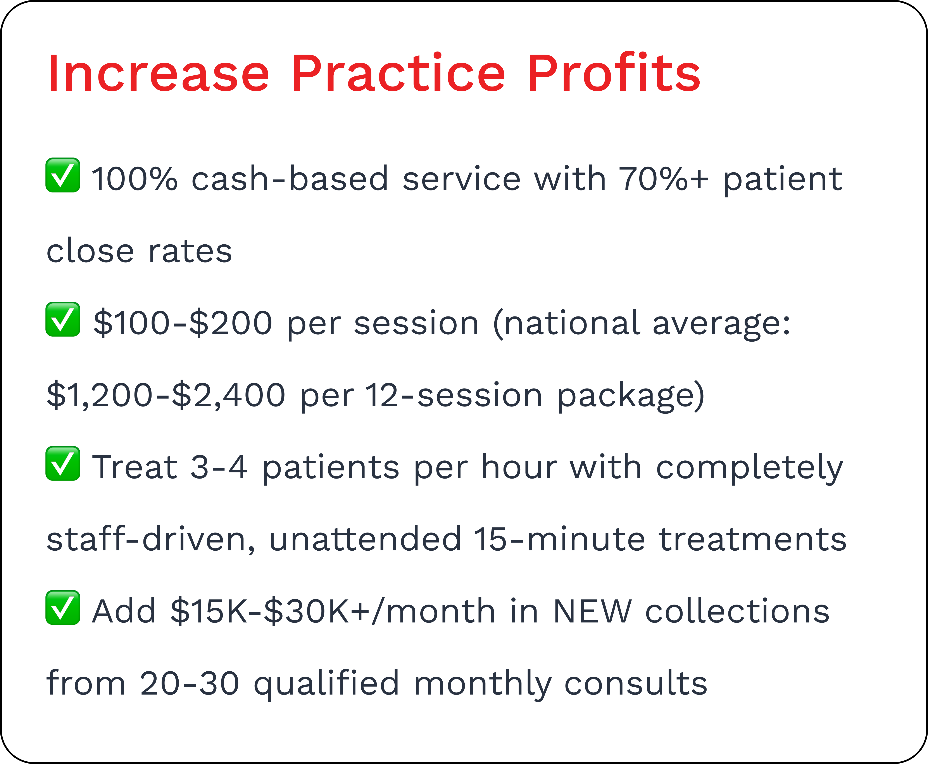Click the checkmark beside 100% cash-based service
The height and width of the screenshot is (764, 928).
(x=63, y=175)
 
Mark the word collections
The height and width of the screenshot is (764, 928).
(x=737, y=611)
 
